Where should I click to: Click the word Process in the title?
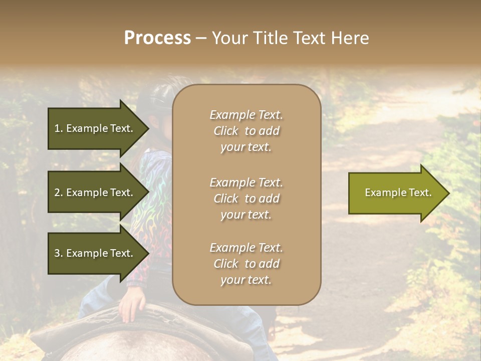tap(157, 38)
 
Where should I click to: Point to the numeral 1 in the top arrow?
tap(57, 128)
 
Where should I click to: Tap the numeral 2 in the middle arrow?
tap(58, 193)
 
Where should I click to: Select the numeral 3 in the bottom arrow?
tap(58, 253)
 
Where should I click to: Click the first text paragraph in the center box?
tap(246, 131)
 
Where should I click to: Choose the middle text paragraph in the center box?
tap(246, 199)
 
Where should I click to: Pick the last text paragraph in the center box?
tap(246, 264)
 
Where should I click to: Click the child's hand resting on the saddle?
tap(131, 304)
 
